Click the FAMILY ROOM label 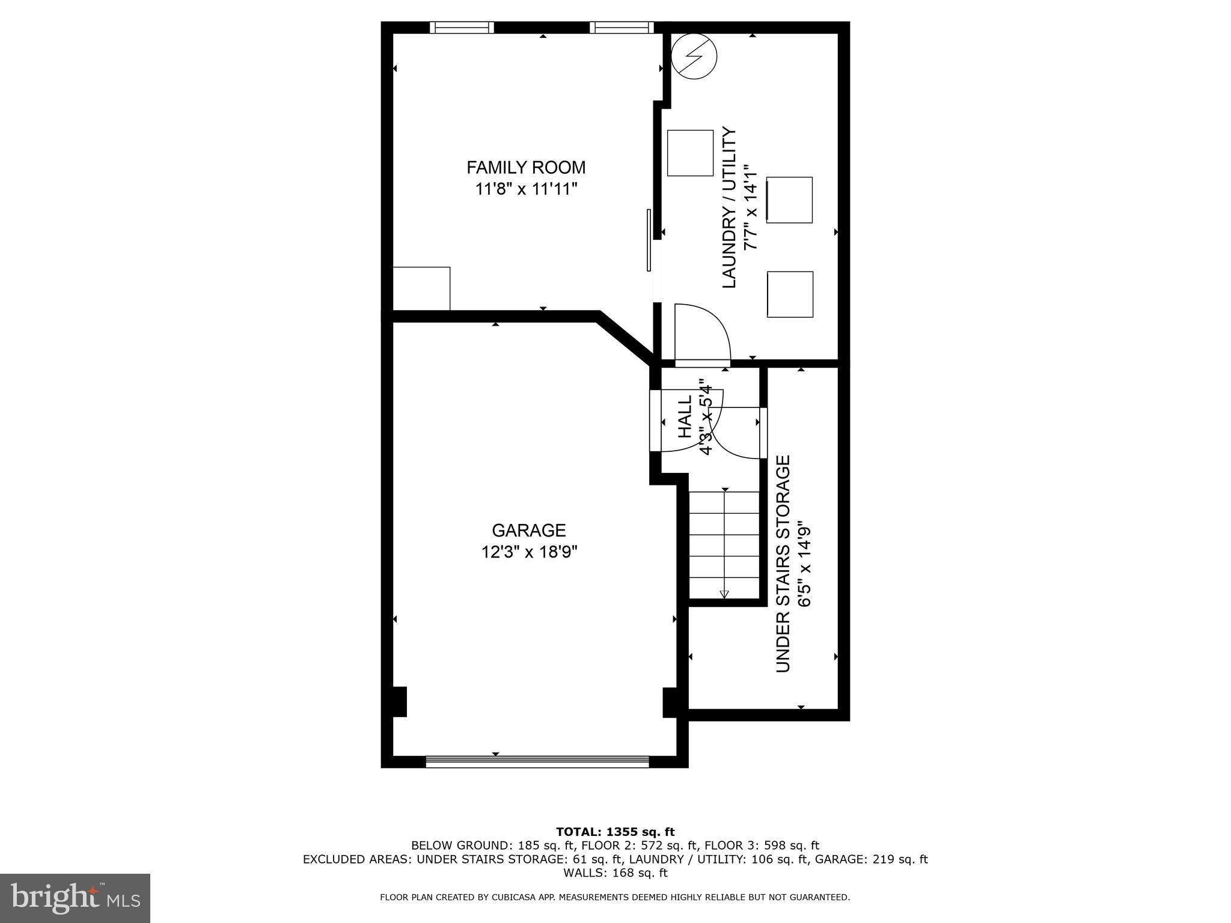pyautogui.click(x=526, y=167)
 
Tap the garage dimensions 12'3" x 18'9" pyautogui.click(x=529, y=552)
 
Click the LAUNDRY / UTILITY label pyautogui.click(x=729, y=207)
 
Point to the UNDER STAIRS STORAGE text pyautogui.click(x=783, y=564)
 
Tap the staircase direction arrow pyautogui.click(x=724, y=594)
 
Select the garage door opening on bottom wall pyautogui.click(x=537, y=762)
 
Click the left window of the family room pyautogui.click(x=462, y=27)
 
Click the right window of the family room pyautogui.click(x=621, y=27)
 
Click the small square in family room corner pyautogui.click(x=421, y=288)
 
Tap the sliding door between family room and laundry pyautogui.click(x=649, y=240)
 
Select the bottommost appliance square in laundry pyautogui.click(x=790, y=294)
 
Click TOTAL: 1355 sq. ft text pyautogui.click(x=615, y=832)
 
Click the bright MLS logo pyautogui.click(x=75, y=898)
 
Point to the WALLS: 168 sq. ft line pyautogui.click(x=615, y=873)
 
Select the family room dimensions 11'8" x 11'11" pyautogui.click(x=526, y=189)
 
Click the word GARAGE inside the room pyautogui.click(x=529, y=530)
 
